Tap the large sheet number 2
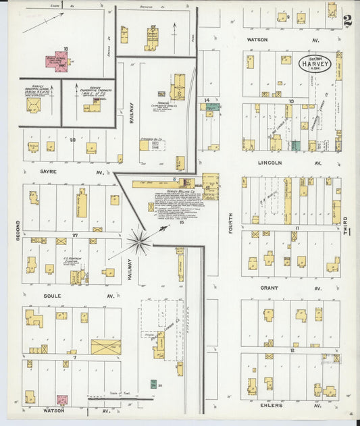pyautogui.click(x=347, y=20)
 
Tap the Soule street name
pyautogui.click(x=52, y=296)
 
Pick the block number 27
pyautogui.click(x=76, y=234)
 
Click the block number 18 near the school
pyautogui.click(x=66, y=49)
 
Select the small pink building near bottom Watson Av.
pyautogui.click(x=62, y=400)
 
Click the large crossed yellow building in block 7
pyautogui.click(x=105, y=347)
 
